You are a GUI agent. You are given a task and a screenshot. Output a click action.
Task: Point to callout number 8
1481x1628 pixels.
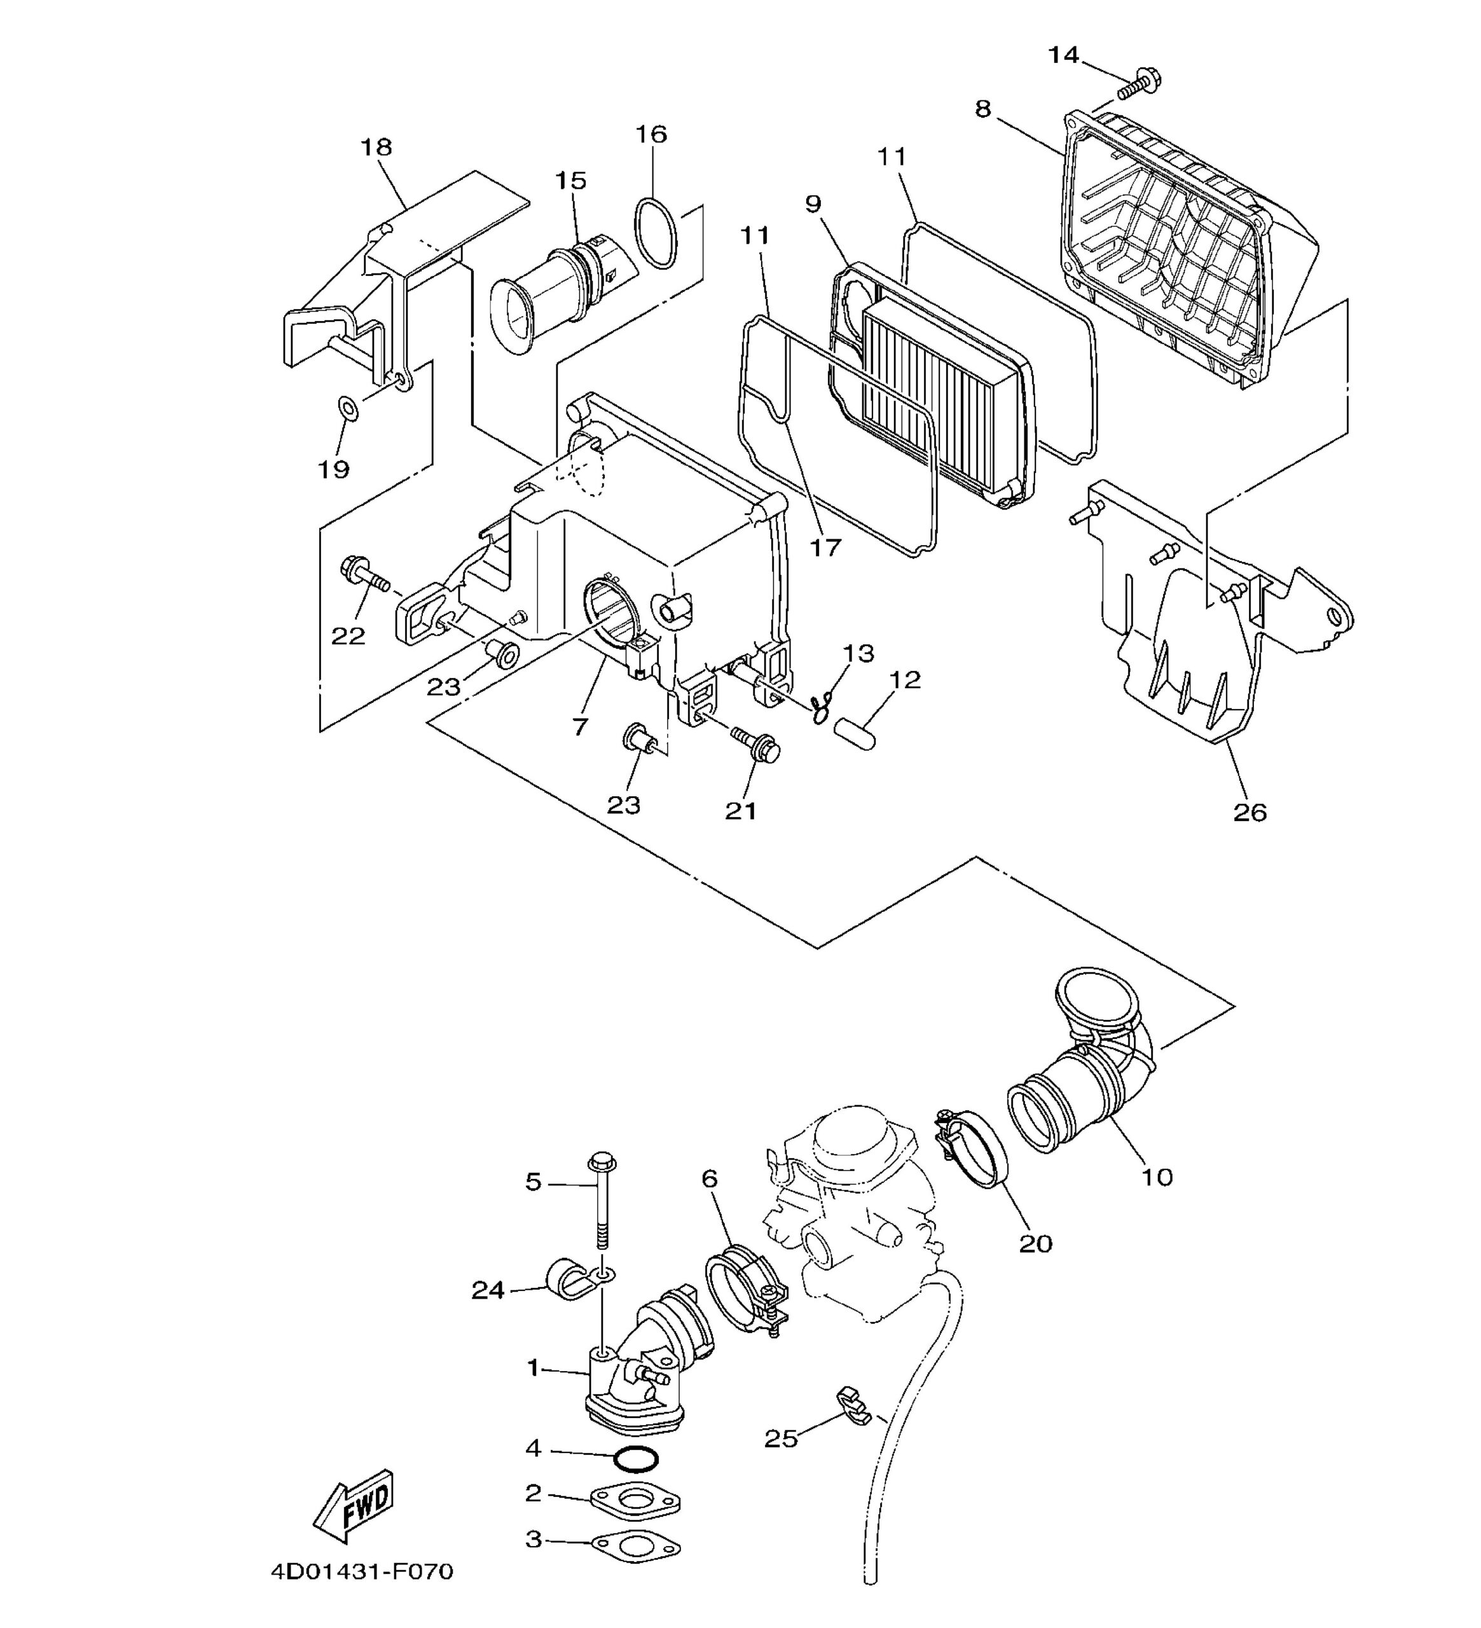point(982,108)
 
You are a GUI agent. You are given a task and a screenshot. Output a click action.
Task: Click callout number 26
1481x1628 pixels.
point(1250,811)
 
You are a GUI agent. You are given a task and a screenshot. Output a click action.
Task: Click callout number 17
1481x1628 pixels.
point(825,548)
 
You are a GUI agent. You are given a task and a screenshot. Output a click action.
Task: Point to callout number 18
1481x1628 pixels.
point(376,147)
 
